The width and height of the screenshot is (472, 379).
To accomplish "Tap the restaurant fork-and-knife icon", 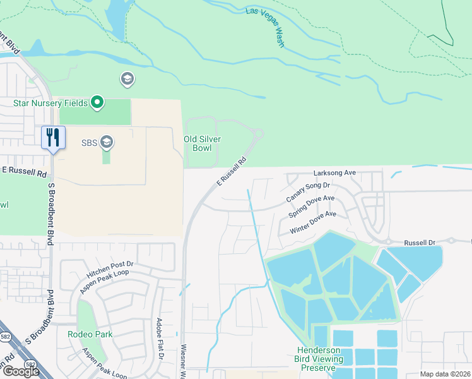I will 53,136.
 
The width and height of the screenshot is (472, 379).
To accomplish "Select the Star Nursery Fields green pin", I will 97,102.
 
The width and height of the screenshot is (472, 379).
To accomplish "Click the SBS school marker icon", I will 107,142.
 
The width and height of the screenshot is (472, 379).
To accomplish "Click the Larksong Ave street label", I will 335,172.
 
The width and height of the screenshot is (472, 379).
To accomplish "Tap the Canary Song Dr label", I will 308,193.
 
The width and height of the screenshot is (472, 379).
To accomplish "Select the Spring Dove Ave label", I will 311,207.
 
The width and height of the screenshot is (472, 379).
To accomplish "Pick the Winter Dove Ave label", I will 313,222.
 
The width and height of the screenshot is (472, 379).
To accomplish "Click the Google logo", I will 21,371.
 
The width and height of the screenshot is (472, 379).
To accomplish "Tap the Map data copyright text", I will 444,375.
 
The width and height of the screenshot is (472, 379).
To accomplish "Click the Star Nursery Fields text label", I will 50,102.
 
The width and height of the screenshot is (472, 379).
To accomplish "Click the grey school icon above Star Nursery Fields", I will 127,79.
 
